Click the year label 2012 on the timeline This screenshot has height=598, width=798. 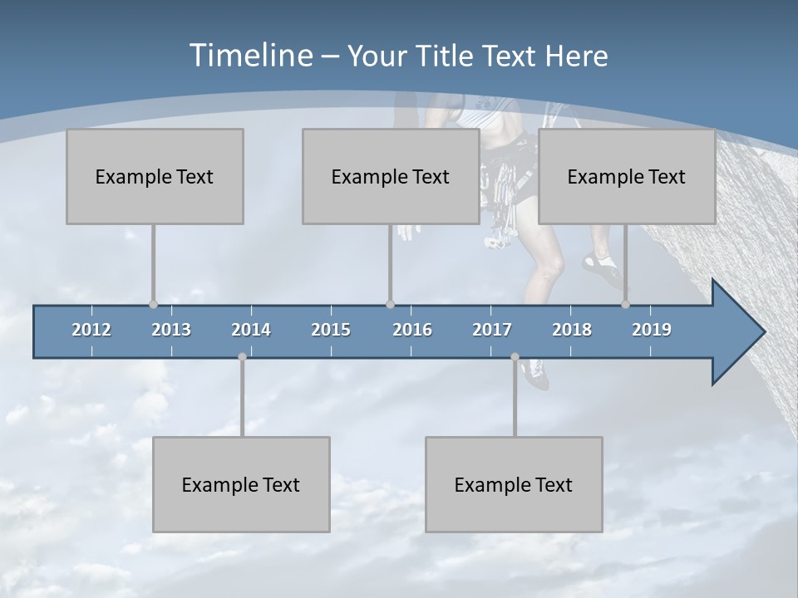(x=91, y=330)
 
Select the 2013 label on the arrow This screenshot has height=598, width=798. (x=171, y=330)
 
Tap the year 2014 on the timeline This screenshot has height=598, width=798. (x=251, y=330)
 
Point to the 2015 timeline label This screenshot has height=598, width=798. (x=331, y=330)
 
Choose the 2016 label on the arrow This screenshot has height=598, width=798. (x=412, y=330)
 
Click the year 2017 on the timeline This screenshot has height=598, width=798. (x=492, y=330)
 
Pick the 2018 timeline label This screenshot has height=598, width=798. (x=572, y=330)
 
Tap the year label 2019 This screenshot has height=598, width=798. (x=652, y=330)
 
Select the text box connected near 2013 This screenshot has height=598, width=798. (x=155, y=176)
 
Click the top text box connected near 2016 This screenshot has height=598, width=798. (x=391, y=176)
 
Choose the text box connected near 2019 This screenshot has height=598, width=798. (x=627, y=176)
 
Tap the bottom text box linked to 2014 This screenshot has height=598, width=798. (x=241, y=484)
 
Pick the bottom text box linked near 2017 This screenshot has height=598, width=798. (x=514, y=484)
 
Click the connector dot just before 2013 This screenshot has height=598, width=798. (x=153, y=304)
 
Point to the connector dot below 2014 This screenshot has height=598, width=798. (x=242, y=357)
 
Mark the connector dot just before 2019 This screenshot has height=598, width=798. (x=626, y=304)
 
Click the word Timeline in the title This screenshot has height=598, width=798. (x=249, y=56)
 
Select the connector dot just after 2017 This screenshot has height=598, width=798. (x=515, y=357)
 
